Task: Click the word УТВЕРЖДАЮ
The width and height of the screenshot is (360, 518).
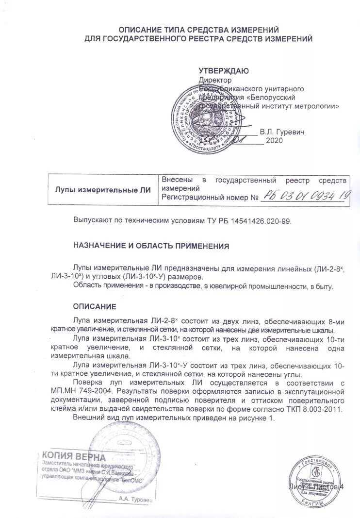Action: (224, 71)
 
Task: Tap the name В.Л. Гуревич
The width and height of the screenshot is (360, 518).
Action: (282, 132)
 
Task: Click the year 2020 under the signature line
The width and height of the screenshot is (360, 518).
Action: (274, 141)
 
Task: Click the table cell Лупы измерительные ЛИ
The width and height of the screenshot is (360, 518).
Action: (103, 189)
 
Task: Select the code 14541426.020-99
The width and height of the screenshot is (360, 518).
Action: (261, 220)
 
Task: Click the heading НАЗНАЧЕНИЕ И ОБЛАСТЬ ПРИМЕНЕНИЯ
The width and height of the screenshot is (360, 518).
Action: (151, 246)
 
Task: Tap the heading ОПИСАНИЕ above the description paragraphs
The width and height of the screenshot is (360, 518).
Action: (95, 306)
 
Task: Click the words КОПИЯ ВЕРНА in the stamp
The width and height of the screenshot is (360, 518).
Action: (73, 456)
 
